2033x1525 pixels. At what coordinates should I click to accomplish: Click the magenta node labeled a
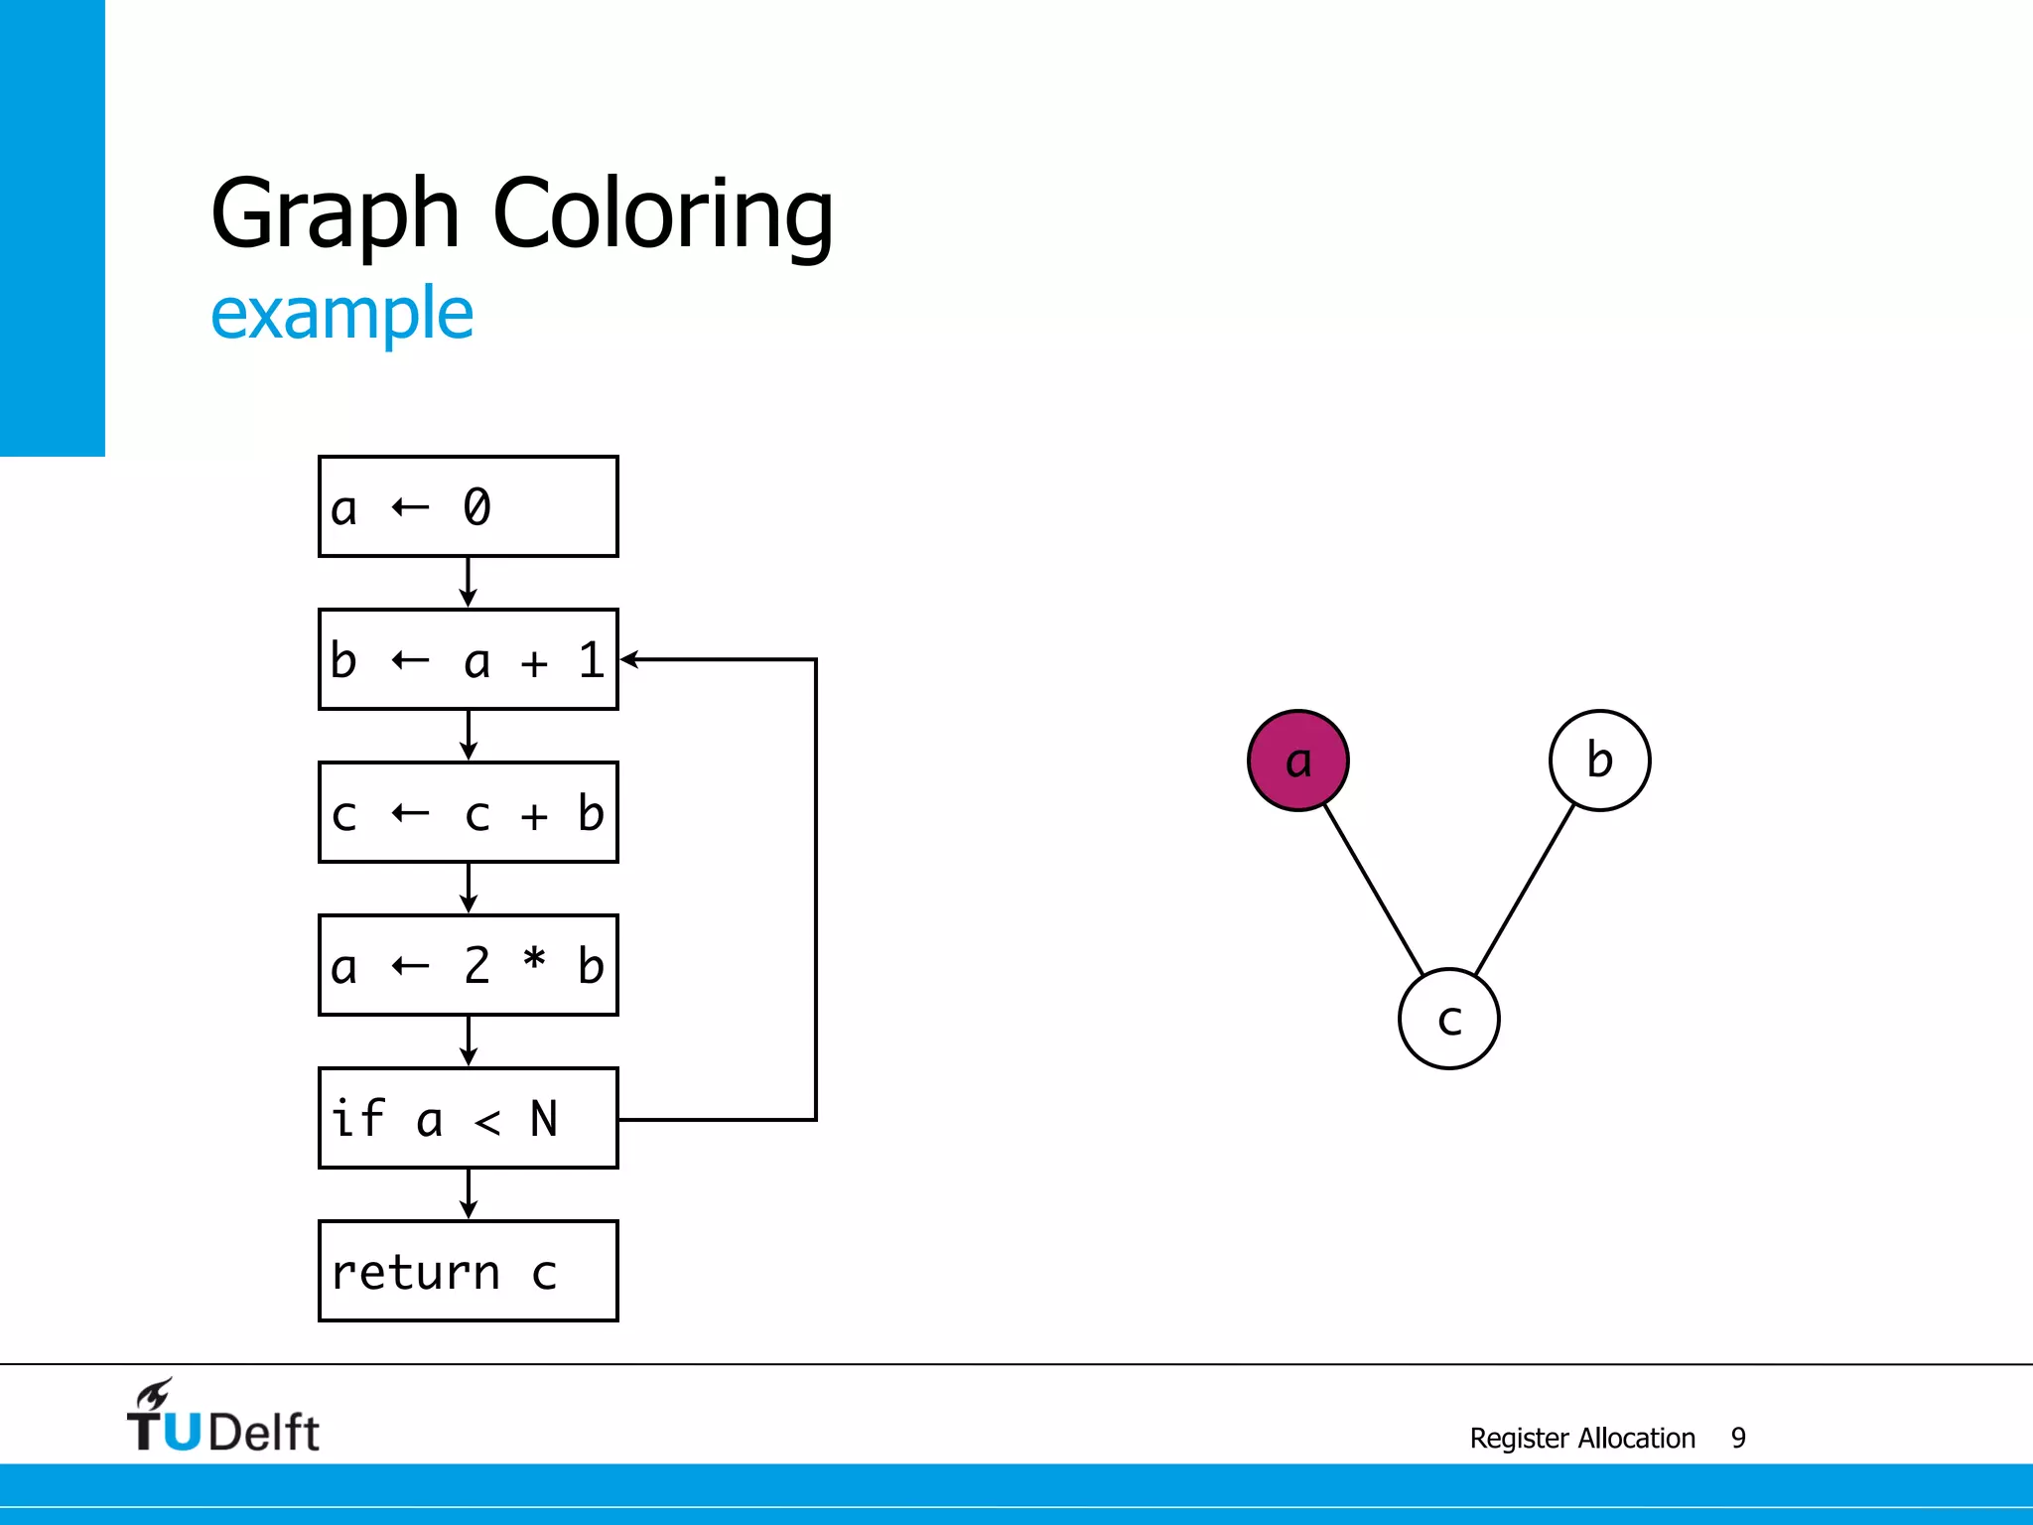click(1297, 761)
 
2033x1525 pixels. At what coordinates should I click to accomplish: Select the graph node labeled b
click(1599, 761)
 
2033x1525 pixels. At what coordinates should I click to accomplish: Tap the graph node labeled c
click(1448, 1019)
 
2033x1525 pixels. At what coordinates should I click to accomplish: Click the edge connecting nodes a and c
click(1374, 891)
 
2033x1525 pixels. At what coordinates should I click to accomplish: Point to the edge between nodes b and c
click(1525, 891)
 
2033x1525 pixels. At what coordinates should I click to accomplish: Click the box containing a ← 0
click(469, 506)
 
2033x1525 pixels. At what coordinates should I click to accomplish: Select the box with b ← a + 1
click(469, 659)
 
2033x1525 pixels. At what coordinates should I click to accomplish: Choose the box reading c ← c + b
click(469, 812)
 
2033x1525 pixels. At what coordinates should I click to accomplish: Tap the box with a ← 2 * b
click(469, 965)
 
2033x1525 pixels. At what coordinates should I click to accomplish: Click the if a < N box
click(469, 1118)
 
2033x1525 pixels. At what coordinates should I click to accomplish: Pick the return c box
click(469, 1271)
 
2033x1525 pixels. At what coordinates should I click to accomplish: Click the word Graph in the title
click(335, 214)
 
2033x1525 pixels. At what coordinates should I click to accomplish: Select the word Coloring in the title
click(662, 214)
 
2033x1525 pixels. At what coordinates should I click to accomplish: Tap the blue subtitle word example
click(342, 314)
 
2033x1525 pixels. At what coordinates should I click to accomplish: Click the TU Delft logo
click(222, 1417)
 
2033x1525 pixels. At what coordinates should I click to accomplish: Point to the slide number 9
click(1738, 1438)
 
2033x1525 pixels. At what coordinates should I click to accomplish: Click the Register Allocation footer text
click(1582, 1438)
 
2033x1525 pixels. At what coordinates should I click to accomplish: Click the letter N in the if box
click(543, 1119)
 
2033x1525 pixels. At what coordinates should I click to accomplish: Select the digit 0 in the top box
click(476, 507)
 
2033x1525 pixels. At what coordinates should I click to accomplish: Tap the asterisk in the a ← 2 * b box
click(534, 960)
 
